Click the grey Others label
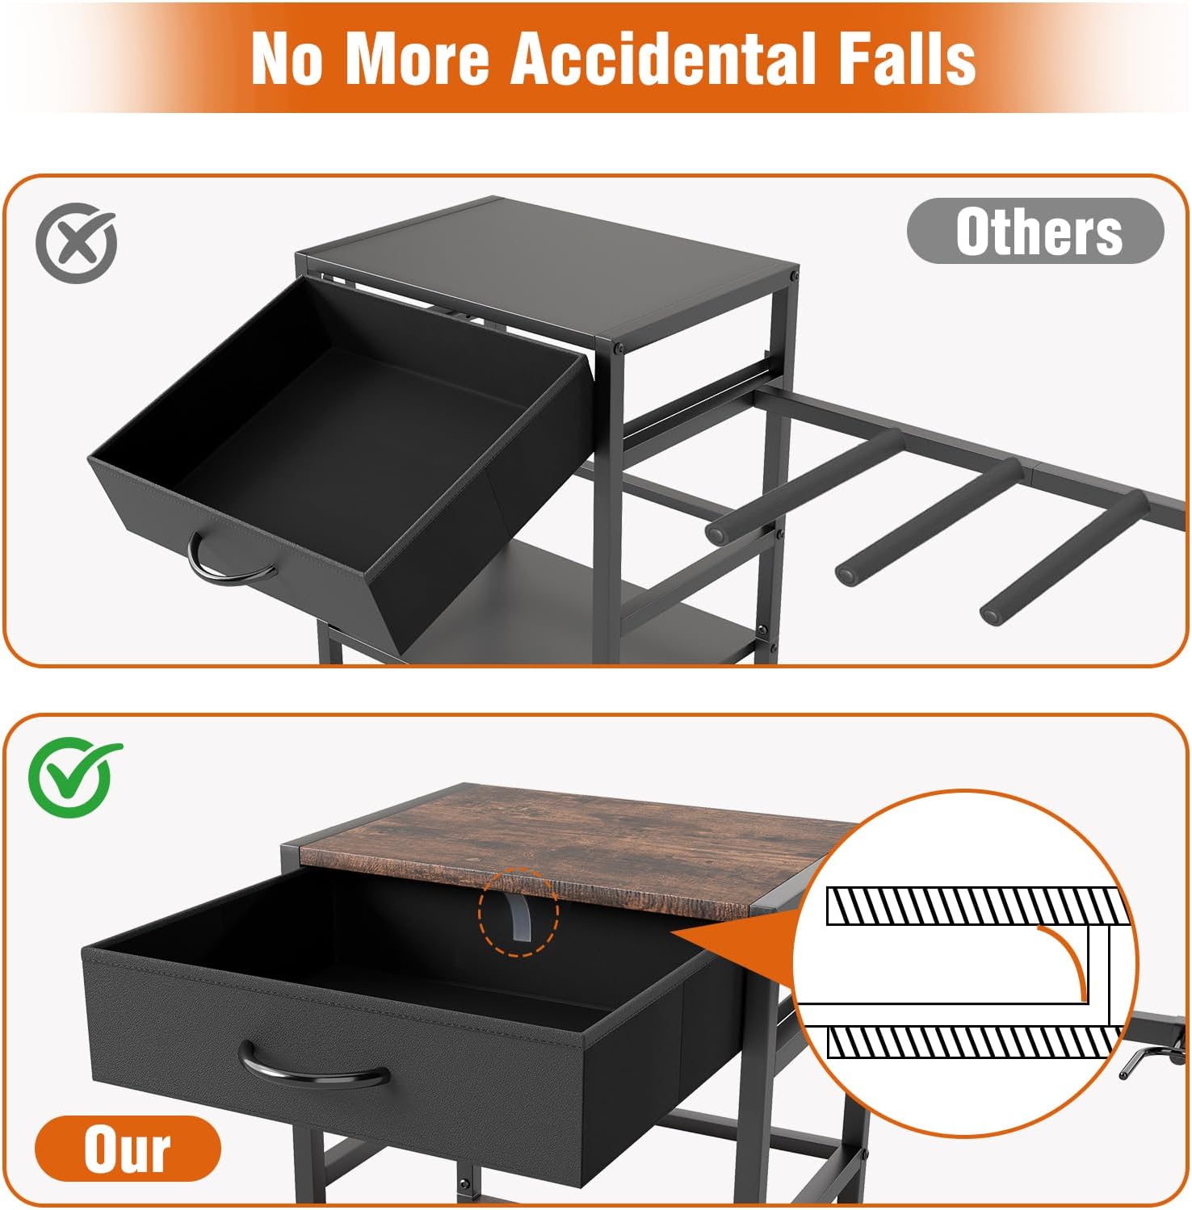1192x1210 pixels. pyautogui.click(x=1035, y=231)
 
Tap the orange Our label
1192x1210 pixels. pyautogui.click(x=128, y=1148)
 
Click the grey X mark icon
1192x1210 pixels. pyautogui.click(x=76, y=242)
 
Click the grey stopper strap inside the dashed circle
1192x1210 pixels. pyautogui.click(x=517, y=914)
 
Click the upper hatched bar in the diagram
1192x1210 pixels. pyautogui.click(x=976, y=906)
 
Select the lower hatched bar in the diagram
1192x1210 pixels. pyautogui.click(x=976, y=1042)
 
